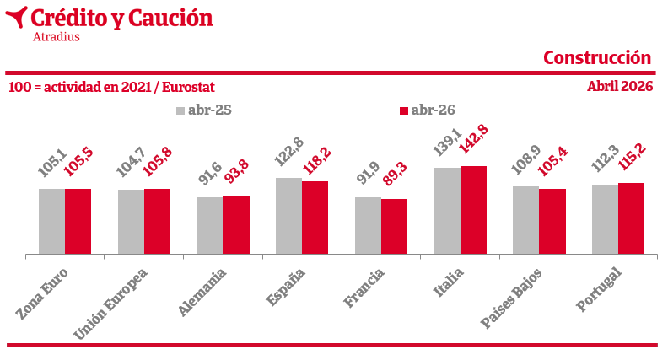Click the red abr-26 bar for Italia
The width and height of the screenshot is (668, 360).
[473, 210]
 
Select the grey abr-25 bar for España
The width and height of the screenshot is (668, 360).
[288, 216]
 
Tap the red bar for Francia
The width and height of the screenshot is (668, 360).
[394, 227]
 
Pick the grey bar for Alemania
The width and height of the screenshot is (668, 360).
[210, 226]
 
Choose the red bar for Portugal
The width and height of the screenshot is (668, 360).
[632, 218]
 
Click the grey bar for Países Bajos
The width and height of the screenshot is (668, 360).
[525, 220]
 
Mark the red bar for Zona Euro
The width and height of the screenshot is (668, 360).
[78, 222]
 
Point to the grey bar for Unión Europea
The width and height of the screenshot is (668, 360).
[132, 222]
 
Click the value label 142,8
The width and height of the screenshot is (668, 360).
[473, 139]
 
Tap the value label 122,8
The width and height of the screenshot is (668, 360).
[288, 152]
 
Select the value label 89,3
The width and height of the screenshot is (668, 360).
[395, 174]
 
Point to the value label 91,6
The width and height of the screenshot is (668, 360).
[210, 173]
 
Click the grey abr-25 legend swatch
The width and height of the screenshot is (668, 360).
[180, 110]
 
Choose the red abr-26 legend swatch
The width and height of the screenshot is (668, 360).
[404, 110]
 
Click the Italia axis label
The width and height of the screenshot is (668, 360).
[448, 282]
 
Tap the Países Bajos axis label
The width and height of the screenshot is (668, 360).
[511, 298]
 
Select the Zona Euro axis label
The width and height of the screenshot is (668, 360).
[42, 294]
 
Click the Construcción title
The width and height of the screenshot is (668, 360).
[597, 58]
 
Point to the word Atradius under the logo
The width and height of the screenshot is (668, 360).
[57, 36]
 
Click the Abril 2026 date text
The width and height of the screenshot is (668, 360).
[620, 87]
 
